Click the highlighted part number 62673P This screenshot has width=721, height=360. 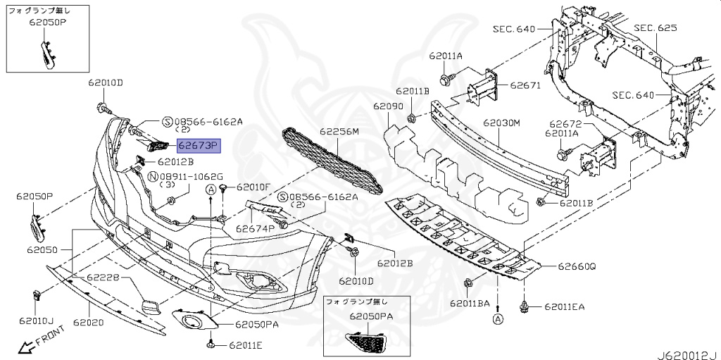pos(199,146)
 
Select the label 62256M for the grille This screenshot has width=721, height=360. pos(339,132)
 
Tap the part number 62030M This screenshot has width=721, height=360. pos(501,123)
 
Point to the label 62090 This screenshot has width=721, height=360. pos(388,106)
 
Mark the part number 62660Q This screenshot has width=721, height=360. pos(577,267)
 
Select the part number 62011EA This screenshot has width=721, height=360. pos(563,307)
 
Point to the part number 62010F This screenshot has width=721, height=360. pos(253,187)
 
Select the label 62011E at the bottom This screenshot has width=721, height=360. pos(244,345)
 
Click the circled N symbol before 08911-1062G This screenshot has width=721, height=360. pos(153,175)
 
